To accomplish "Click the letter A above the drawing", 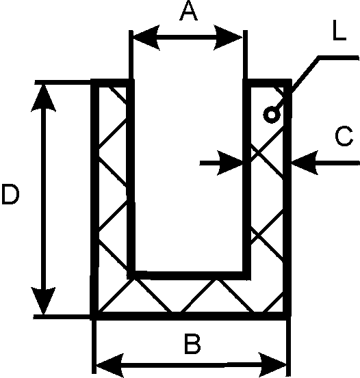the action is pyautogui.click(x=189, y=12).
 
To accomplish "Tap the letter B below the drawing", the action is pyautogui.click(x=192, y=344).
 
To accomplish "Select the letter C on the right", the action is pyautogui.click(x=344, y=136).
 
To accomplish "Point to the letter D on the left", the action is pyautogui.click(x=10, y=194).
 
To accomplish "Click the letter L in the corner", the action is pyautogui.click(x=339, y=30).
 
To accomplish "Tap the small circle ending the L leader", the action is pyautogui.click(x=272, y=115).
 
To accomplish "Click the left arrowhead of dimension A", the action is pyautogui.click(x=146, y=38).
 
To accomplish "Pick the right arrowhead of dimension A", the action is pyautogui.click(x=228, y=38).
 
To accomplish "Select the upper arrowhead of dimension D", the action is pyautogui.click(x=44, y=98).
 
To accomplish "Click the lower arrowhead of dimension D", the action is pyautogui.click(x=44, y=301).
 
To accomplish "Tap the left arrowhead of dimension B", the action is pyautogui.click(x=110, y=365).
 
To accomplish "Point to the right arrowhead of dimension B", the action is pyautogui.click(x=272, y=364).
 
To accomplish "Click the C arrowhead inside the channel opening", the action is pyautogui.click(x=230, y=163).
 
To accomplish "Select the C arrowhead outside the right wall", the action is pyautogui.click(x=305, y=163).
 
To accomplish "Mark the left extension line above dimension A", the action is pyautogui.click(x=131, y=55).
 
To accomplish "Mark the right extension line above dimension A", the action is pyautogui.click(x=245, y=55).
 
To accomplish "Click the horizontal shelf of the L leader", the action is pyautogui.click(x=339, y=58).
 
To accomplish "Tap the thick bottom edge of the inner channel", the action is pyautogui.click(x=189, y=275).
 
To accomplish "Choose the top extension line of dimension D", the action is pyautogui.click(x=63, y=82).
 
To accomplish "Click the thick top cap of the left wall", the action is pyautogui.click(x=112, y=83).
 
